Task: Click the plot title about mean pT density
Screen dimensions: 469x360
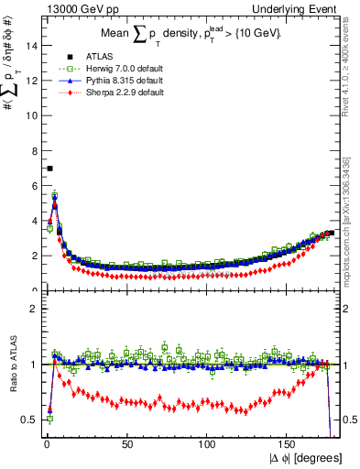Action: (x=191, y=35)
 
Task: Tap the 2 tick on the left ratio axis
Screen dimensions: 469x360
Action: (x=33, y=309)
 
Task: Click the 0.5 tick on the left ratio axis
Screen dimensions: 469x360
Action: (x=28, y=419)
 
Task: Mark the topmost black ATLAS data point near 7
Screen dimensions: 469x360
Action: (x=49, y=169)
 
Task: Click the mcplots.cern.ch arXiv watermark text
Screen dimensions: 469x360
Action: (x=352, y=230)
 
